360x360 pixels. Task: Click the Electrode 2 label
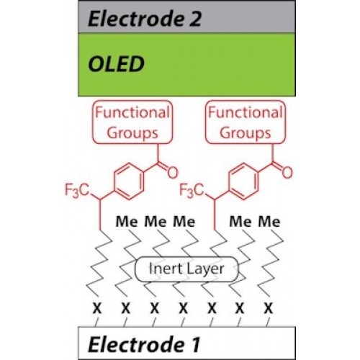pos(145,19)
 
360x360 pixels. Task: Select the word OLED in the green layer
pos(117,64)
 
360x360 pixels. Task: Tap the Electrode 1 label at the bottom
pos(144,344)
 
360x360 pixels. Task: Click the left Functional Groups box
pos(132,122)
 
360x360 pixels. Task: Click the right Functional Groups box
pos(246,122)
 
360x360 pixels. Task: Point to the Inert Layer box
pos(186,269)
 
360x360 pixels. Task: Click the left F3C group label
pos(77,191)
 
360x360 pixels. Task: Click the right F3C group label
pos(192,191)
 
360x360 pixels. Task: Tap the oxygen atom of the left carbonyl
pos(173,172)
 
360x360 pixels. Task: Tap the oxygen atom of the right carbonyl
pos(287,172)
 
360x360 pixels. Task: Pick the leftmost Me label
pos(127,222)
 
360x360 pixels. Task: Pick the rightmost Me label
pos(269,222)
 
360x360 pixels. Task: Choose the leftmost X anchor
pos(97,308)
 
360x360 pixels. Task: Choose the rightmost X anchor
pos(269,308)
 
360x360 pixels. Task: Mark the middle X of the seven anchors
pos(183,308)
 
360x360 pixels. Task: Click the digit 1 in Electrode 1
pos(195,344)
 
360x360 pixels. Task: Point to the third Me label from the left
pos(184,222)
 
